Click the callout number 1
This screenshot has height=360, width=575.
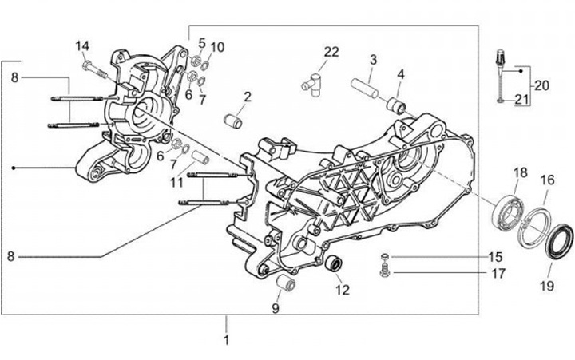coord(226,340)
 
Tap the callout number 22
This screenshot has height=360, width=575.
coord(331,52)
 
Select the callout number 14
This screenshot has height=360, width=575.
coord(84,45)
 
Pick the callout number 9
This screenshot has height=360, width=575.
coord(276,307)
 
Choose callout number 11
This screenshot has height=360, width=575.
coord(176,183)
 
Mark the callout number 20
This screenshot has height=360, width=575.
coord(542,85)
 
